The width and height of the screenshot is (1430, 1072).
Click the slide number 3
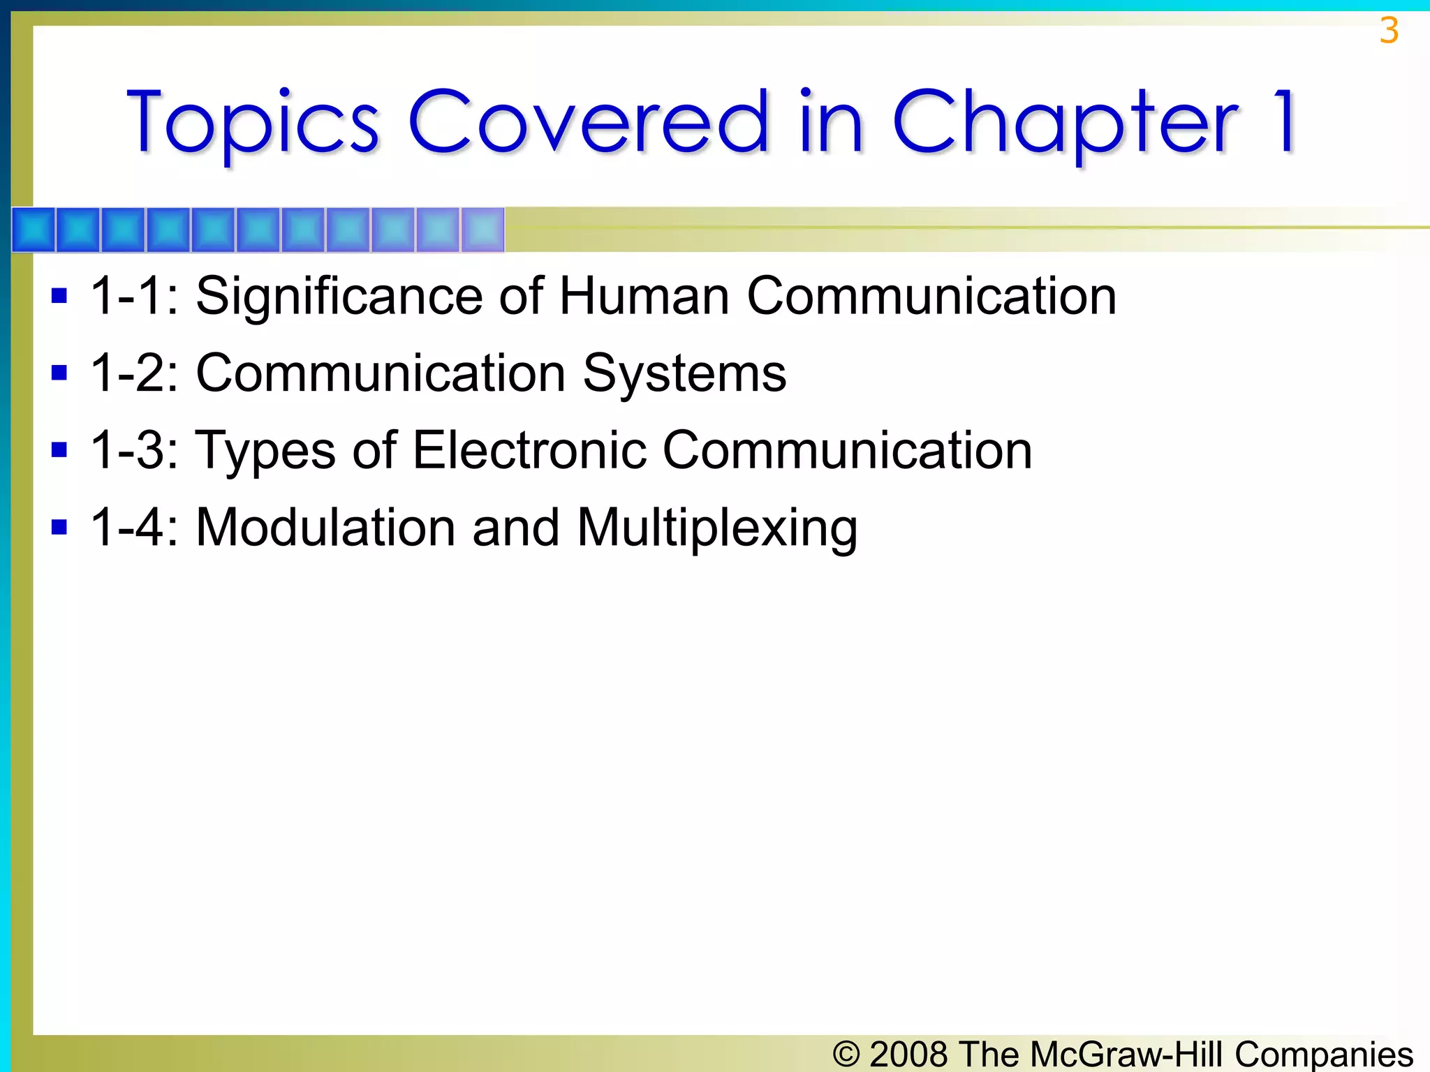click(1389, 31)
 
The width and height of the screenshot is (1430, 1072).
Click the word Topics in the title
click(253, 122)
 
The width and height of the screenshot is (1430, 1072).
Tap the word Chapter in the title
click(1065, 122)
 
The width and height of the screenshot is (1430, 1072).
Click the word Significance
click(339, 297)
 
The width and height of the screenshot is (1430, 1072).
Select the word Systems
click(684, 374)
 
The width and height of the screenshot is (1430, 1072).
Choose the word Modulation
click(325, 528)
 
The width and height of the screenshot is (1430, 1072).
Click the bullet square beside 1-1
click(59, 296)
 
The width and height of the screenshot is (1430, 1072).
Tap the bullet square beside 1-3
click(59, 449)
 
